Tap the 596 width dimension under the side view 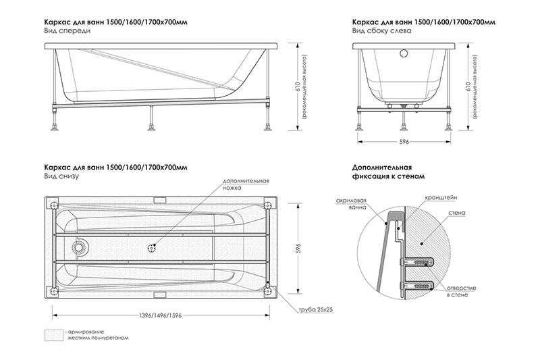coord(405,141)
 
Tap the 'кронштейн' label coord(439,197)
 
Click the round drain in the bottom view coord(80,247)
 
